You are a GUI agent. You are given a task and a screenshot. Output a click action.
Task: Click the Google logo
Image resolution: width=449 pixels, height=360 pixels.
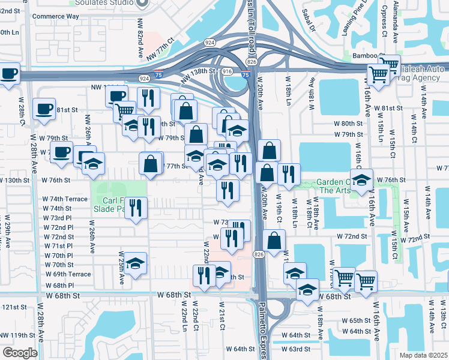point(19,353)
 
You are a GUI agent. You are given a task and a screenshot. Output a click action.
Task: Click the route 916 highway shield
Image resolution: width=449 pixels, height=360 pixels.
point(227,71)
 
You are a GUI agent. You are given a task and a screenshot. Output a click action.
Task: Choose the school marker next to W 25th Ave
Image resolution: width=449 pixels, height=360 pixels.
point(136,263)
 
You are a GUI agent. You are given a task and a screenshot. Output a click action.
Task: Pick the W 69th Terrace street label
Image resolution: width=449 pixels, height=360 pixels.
point(67,274)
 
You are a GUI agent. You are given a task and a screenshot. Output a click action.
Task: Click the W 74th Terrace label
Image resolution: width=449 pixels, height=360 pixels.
point(64,199)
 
